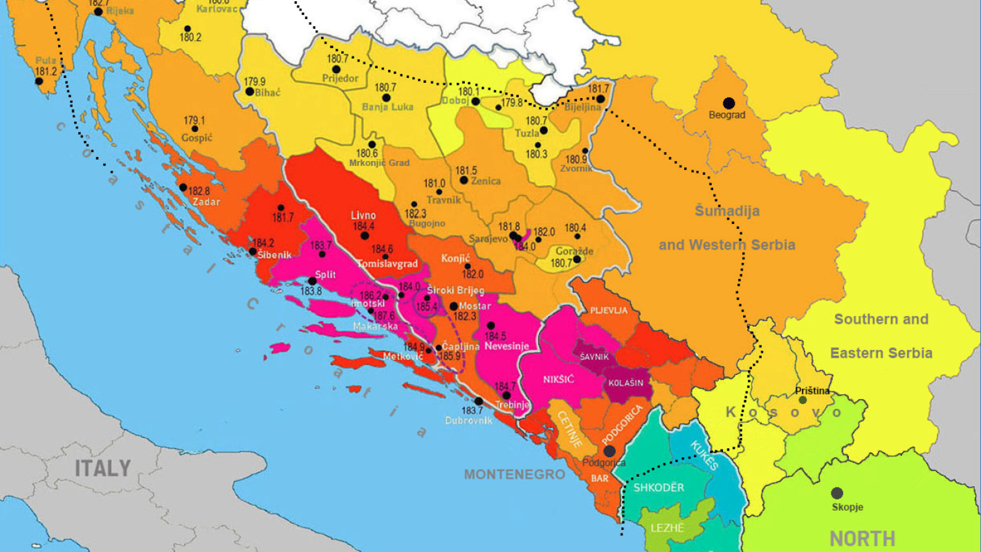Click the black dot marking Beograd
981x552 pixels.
728,103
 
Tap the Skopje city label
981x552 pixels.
847,507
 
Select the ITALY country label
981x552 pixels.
102,469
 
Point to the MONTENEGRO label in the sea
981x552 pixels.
514,474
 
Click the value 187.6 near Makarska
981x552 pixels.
384,316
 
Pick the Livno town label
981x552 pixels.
363,215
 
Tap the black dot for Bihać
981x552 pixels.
250,92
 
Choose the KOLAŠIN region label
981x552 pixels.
625,383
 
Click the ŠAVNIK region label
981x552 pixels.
594,356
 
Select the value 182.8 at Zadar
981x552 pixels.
199,191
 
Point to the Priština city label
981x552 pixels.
812,391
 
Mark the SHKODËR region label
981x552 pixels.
658,488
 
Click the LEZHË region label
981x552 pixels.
667,527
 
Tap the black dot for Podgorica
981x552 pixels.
609,451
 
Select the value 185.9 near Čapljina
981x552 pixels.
449,356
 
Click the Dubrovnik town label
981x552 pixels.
468,421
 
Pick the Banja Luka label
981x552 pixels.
387,107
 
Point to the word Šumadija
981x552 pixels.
727,211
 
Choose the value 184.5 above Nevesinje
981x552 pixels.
495,336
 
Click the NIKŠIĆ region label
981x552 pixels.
558,380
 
